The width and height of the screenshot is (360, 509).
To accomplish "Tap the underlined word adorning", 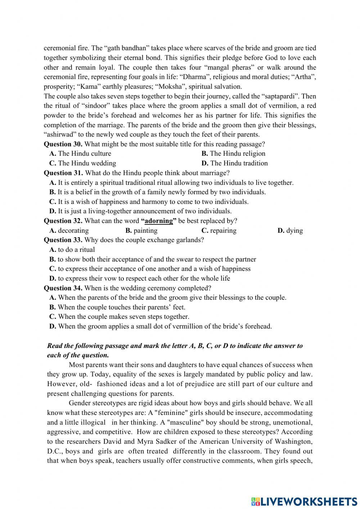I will (x=159, y=221).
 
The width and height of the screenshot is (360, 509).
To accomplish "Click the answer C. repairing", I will (x=219, y=231).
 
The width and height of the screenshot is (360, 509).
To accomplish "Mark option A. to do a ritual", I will (x=72, y=250).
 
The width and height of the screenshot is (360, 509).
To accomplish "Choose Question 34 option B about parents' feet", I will (x=117, y=307).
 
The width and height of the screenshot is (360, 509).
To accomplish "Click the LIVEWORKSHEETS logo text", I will (x=304, y=501).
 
